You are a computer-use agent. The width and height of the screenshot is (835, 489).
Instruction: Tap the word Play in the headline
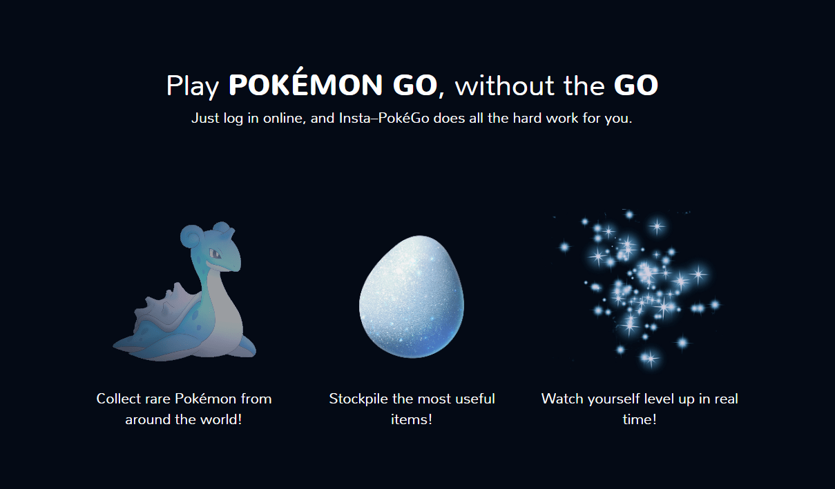[193, 86]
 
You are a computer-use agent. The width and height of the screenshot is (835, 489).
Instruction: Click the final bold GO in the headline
[636, 86]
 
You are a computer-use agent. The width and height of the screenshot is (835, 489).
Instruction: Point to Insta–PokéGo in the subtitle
[384, 118]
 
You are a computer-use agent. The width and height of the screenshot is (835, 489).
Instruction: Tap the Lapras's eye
[215, 255]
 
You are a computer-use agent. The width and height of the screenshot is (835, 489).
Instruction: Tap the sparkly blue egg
[412, 297]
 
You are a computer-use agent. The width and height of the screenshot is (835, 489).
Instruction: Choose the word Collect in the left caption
[119, 399]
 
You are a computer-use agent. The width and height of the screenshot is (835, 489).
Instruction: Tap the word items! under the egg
[412, 419]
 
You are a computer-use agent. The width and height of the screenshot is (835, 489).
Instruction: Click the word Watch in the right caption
[562, 399]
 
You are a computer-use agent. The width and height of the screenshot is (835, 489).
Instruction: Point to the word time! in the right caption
[640, 419]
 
